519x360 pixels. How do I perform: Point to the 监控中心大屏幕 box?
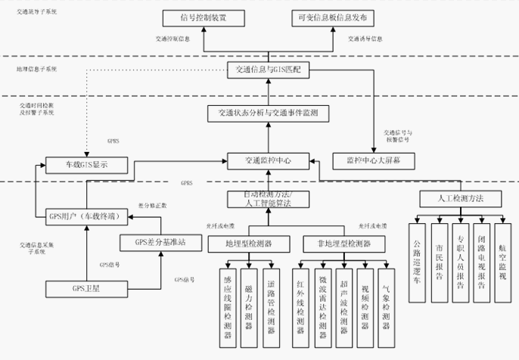click(373, 160)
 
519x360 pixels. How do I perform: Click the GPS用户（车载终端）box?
click(83, 216)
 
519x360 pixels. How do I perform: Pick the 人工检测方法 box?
click(461, 198)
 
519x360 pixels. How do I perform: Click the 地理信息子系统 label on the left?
click(37, 69)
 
